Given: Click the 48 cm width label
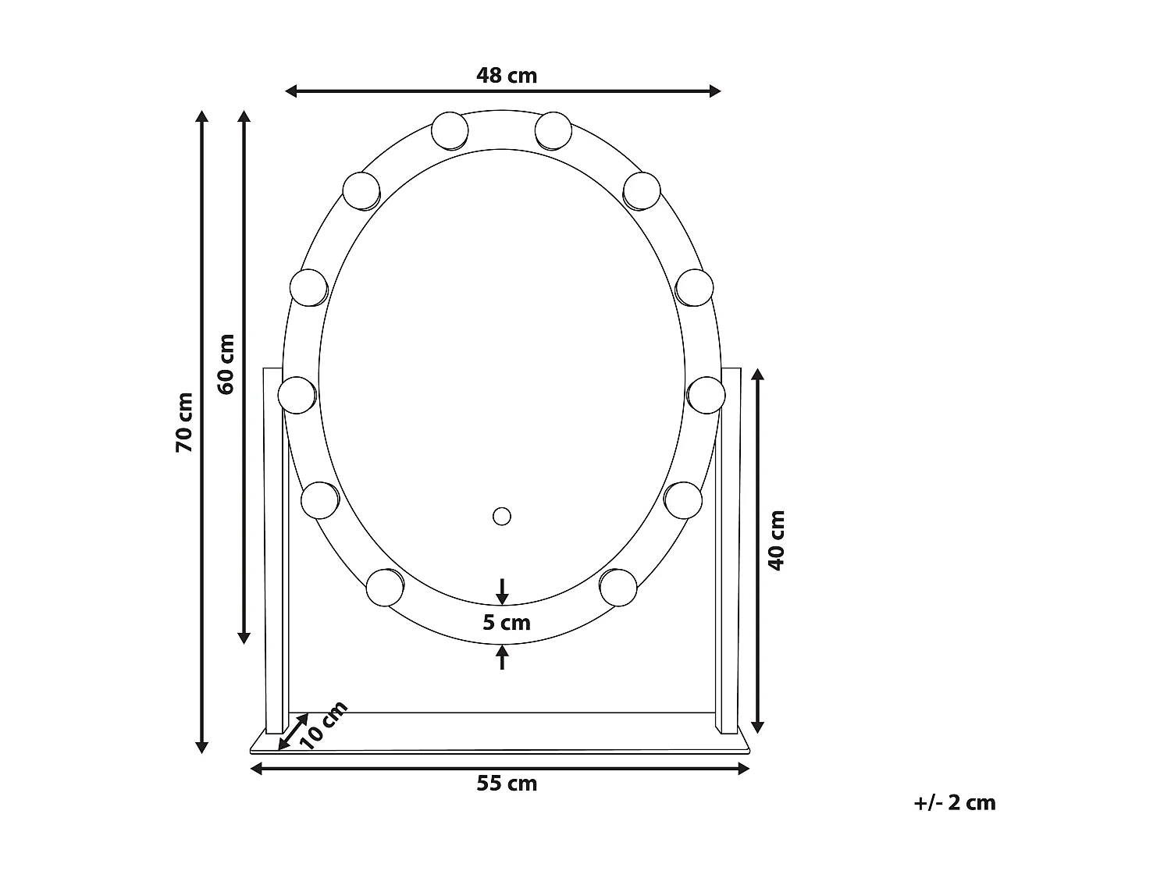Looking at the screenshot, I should point(507,76).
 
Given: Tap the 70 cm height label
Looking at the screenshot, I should point(184,422).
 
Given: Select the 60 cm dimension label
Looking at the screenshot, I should point(226,364).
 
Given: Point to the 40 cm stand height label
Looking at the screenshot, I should point(777,540).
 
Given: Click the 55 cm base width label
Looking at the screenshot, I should point(507,784).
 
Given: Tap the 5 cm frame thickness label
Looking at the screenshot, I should point(507,623).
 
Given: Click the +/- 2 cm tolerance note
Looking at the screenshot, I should point(955,803).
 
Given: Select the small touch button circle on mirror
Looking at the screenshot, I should point(501,516).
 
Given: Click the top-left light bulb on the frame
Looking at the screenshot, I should point(450,130).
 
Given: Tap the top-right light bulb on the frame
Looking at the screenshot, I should point(553,130).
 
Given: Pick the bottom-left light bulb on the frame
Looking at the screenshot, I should point(385,588).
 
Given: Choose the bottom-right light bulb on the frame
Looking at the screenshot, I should point(618,586).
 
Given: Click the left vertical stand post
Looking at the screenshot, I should point(276,546).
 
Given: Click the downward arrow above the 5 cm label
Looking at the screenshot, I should point(503,592).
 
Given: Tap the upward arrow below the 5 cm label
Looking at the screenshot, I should point(503,657).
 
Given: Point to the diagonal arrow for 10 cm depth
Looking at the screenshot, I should point(293,734).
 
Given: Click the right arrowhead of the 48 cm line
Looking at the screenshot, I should point(714,91).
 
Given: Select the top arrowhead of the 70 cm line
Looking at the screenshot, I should point(202,117).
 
